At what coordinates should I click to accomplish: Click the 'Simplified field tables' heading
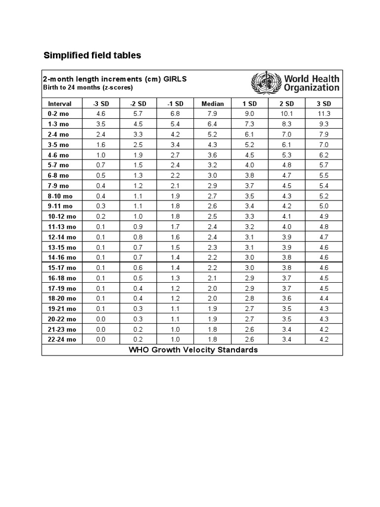coord(93,55)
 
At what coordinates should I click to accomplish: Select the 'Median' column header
coord(213,103)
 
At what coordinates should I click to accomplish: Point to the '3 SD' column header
coord(324,103)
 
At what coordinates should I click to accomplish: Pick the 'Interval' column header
coord(60,103)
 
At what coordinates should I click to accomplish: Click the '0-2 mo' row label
coord(58,114)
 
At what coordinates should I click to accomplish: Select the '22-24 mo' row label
coord(62,339)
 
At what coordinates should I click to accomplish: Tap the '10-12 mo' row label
coord(62,216)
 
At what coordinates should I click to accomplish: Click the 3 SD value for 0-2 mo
coord(324,114)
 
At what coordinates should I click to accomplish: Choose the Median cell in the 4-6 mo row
coord(213,155)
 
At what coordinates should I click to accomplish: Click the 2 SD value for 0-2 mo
coord(287,114)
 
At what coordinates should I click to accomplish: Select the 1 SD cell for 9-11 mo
coord(249,206)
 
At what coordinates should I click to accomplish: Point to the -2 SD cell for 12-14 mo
coord(138,237)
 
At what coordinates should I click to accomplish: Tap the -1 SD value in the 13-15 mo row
coord(175,247)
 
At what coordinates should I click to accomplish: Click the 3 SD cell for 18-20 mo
coord(324,298)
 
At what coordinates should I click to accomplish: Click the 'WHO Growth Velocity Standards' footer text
coord(193,350)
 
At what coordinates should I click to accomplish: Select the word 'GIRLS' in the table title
coord(175,79)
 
